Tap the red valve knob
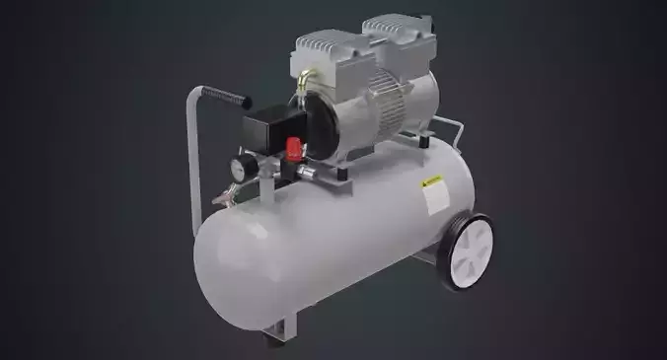(293, 151)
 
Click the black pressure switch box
(270, 126)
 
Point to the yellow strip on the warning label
(431, 182)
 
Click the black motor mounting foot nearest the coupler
(339, 179)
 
